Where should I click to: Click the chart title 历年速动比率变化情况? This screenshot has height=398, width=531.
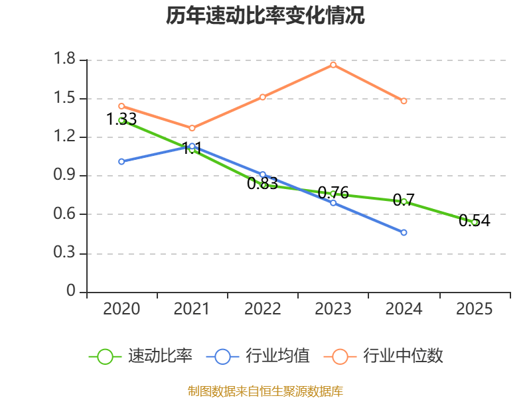[265, 16]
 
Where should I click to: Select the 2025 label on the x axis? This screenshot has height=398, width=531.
[475, 308]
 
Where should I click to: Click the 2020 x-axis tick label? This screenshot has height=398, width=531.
[121, 308]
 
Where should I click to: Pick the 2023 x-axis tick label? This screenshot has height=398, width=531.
[333, 308]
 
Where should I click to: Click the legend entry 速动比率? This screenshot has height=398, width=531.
[160, 356]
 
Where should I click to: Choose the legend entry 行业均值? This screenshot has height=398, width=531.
[277, 356]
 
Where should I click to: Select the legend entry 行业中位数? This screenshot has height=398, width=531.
[403, 356]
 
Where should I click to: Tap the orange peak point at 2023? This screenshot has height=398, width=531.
[333, 64]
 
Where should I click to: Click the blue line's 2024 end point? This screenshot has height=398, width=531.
[404, 232]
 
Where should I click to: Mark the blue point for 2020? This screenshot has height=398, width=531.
[121, 161]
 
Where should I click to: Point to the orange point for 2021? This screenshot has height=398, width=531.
[192, 128]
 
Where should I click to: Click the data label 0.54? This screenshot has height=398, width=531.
[475, 221]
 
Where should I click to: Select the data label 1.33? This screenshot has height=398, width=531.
[121, 119]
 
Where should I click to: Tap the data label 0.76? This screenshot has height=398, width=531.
[333, 193]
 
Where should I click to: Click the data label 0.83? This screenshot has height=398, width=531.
[262, 184]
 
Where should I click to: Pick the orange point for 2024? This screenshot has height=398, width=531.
[404, 101]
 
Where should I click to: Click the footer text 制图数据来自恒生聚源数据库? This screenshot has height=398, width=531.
[265, 391]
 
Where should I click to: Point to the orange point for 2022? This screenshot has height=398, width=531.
[263, 97]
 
